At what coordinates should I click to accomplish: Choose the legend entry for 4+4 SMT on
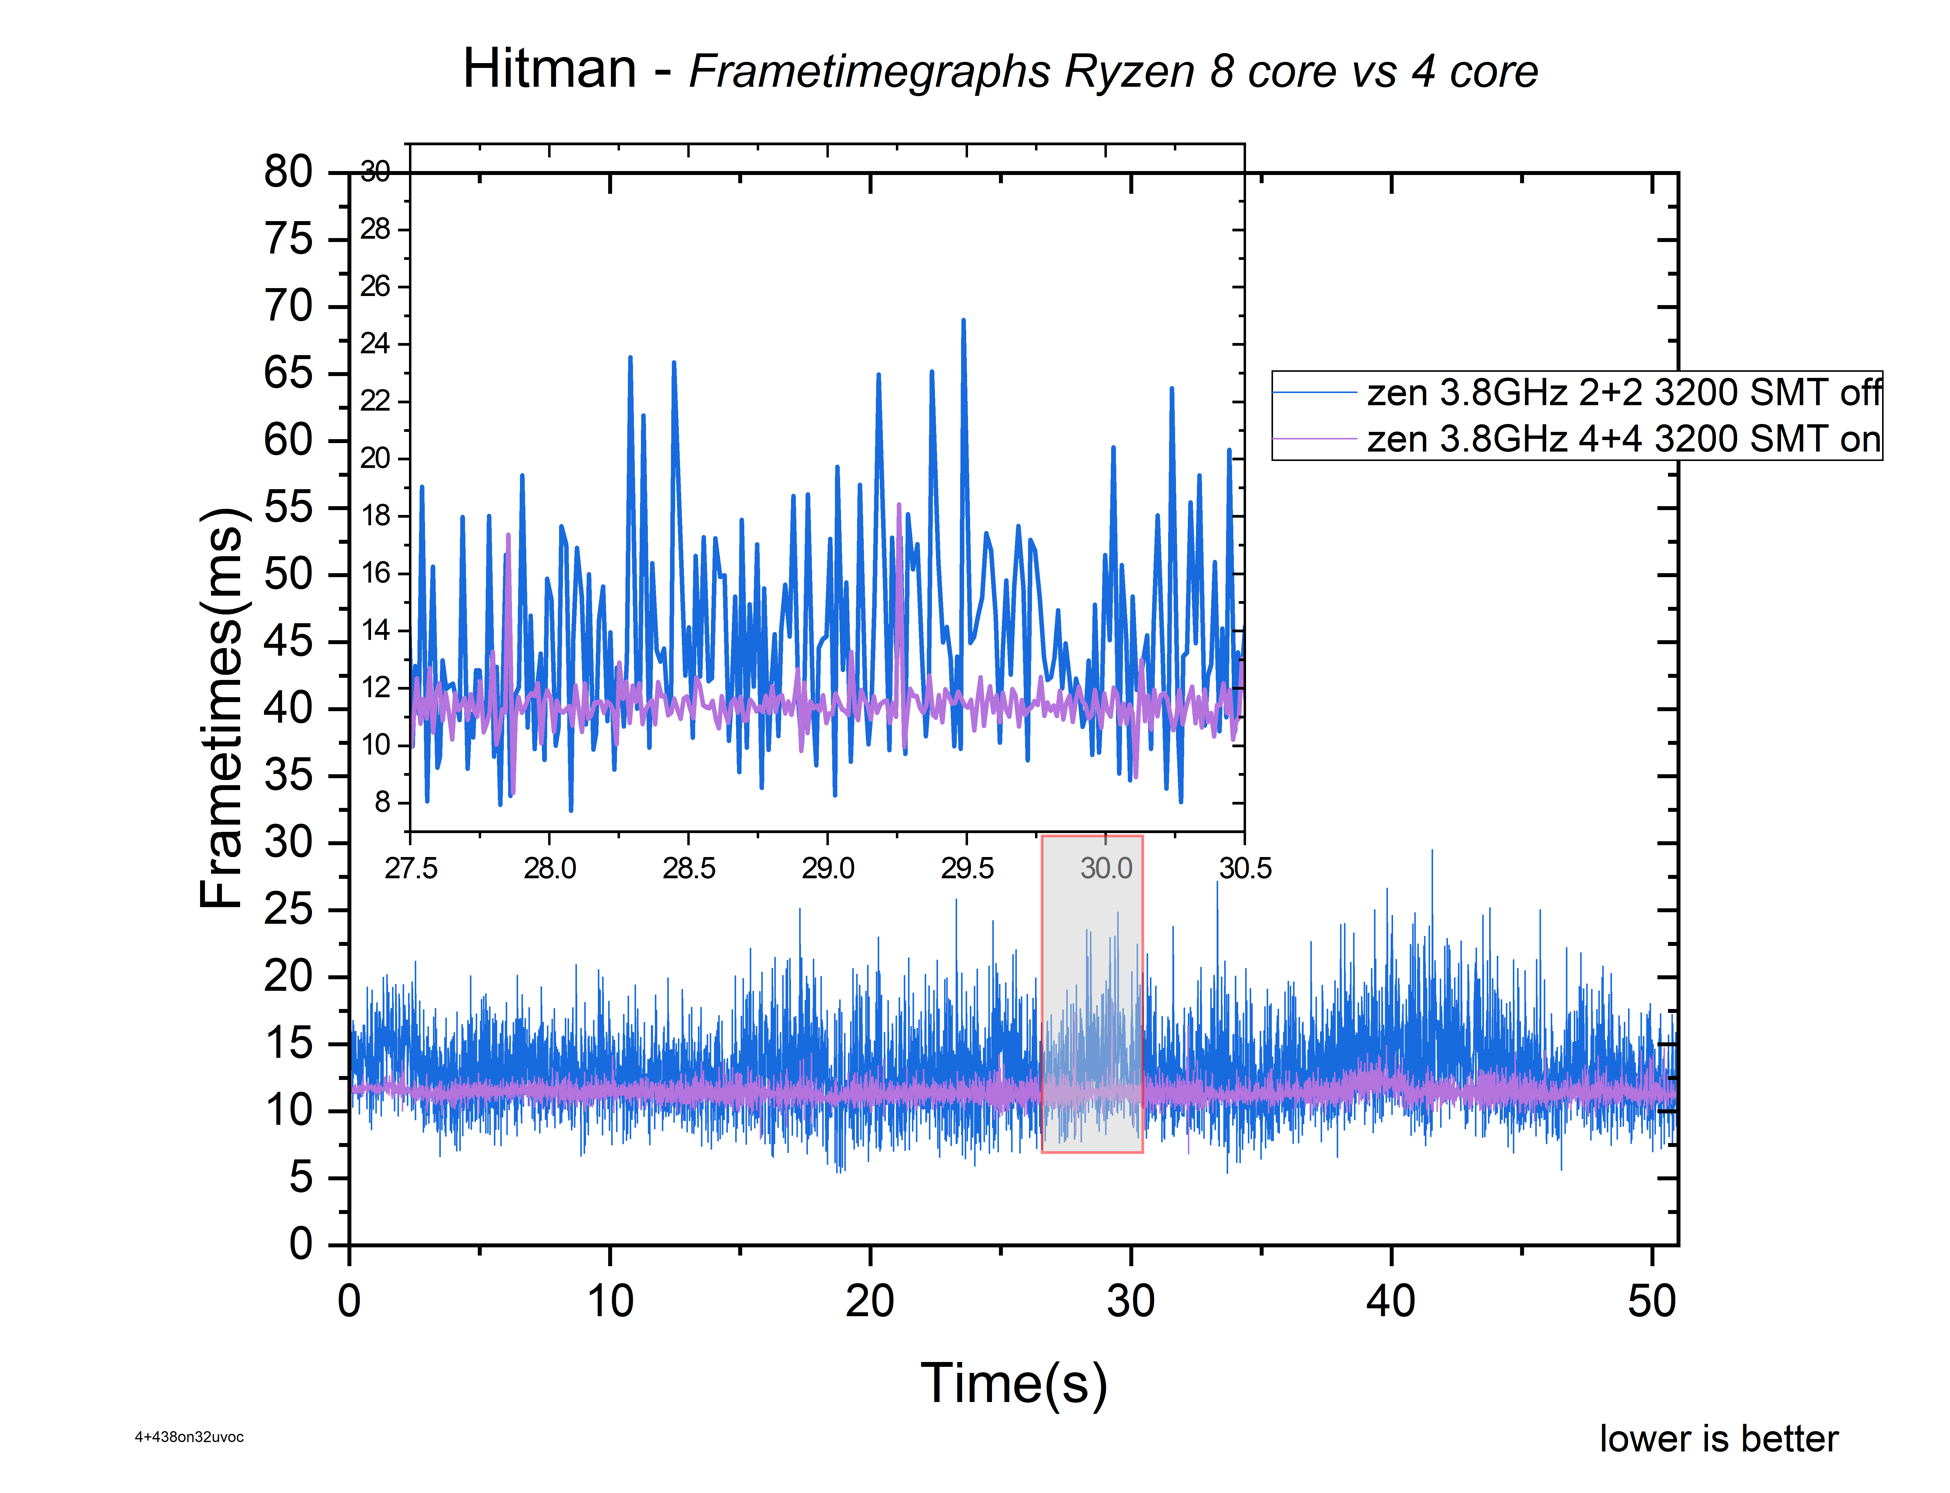click(x=1622, y=439)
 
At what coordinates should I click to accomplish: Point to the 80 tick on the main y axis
click(x=289, y=172)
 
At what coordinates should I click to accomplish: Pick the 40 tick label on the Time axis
click(x=1390, y=1302)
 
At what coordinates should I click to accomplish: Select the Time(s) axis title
click(x=1014, y=1384)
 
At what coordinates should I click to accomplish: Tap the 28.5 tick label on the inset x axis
click(x=689, y=868)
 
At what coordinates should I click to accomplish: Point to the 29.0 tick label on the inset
click(x=827, y=868)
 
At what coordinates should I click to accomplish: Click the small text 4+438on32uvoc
click(x=189, y=1437)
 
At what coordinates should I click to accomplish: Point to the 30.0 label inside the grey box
click(x=1106, y=868)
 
